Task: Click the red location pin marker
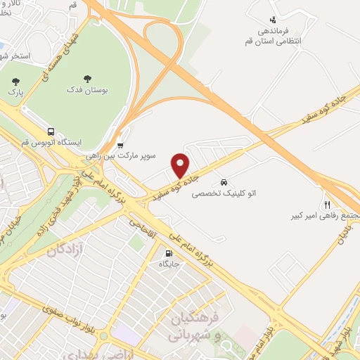pos(181,165)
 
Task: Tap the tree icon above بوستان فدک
pos(86,78)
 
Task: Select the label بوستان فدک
pos(86,91)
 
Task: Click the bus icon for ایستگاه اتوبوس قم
pos(51,131)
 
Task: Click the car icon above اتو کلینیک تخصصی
pos(224,180)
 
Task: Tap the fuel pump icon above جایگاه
pos(168,253)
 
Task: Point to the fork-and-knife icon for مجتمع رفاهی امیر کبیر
pos(327,204)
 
